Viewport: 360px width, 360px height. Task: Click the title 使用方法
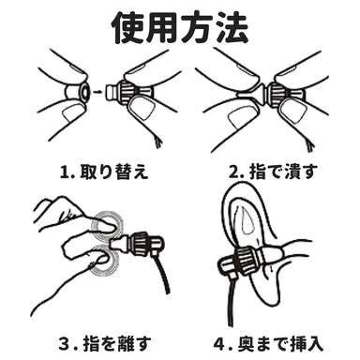pyautogui.click(x=181, y=29)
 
